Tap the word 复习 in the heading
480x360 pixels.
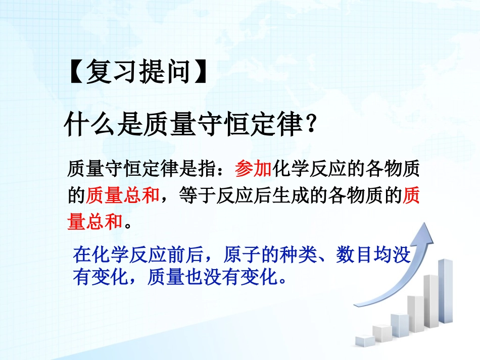coord(105,72)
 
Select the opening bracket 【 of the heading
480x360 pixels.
coord(74,72)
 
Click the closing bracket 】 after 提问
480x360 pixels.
coord(201,72)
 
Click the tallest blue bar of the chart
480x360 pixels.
coord(445,290)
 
